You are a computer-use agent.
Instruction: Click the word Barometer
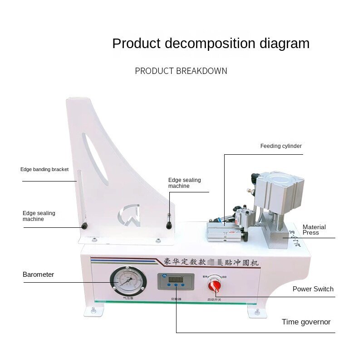[x=39, y=275]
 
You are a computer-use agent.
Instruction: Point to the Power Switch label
[x=313, y=289]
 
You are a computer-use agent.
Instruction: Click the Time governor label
[x=306, y=322]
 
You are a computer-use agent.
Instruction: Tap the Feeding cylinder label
[x=281, y=146]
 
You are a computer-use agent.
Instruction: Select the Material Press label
[x=314, y=230]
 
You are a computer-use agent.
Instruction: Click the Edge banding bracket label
[x=44, y=169]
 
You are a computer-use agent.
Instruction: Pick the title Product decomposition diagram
[x=211, y=44]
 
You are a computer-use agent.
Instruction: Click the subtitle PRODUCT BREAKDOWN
[x=181, y=71]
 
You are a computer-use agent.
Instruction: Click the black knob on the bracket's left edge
[x=84, y=226]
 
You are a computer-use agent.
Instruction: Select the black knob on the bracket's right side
[x=169, y=225]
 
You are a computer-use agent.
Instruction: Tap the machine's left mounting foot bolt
[x=94, y=310]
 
